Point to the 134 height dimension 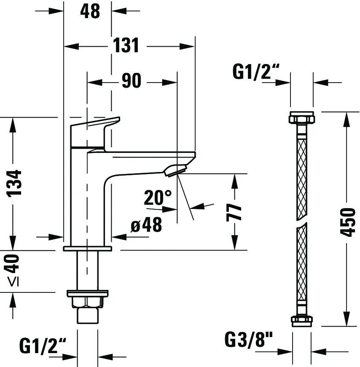click(x=15, y=183)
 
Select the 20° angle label click(x=158, y=197)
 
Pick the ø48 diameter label click(x=146, y=226)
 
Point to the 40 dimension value click(x=14, y=263)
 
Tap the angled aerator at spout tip click(x=176, y=170)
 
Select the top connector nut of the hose click(x=301, y=118)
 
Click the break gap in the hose click(x=301, y=222)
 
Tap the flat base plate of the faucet click(x=87, y=248)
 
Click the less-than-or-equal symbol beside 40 click(x=15, y=283)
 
